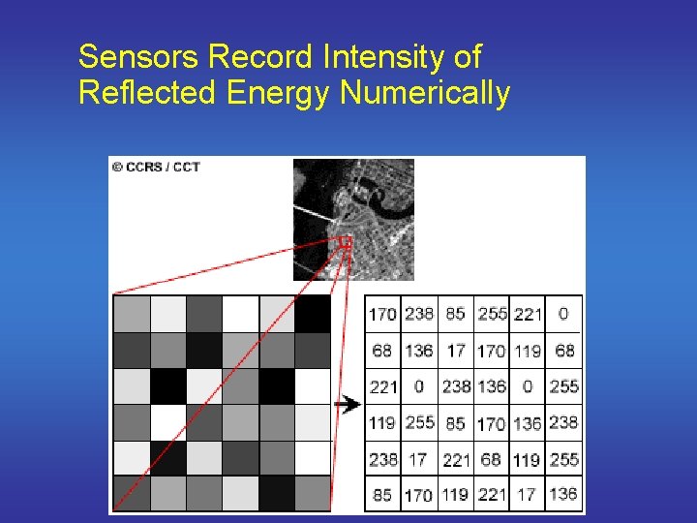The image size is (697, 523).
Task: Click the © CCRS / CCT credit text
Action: (156, 167)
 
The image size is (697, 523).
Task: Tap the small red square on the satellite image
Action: (345, 242)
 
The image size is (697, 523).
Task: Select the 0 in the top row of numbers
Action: (563, 314)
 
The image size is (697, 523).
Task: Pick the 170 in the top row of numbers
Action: (382, 314)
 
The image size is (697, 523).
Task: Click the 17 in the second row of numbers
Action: (456, 350)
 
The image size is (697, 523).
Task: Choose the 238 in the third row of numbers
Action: (456, 385)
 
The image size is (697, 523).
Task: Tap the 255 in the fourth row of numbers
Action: (419, 422)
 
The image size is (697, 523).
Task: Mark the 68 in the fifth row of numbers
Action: (491, 458)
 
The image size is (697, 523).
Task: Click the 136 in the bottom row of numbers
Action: (562, 494)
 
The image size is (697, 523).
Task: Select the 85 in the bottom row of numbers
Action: (382, 494)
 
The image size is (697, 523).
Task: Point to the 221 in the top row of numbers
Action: (528, 314)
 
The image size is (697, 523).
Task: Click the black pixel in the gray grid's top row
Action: (313, 314)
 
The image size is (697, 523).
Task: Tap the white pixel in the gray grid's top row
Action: (240, 314)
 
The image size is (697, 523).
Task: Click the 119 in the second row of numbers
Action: (528, 350)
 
